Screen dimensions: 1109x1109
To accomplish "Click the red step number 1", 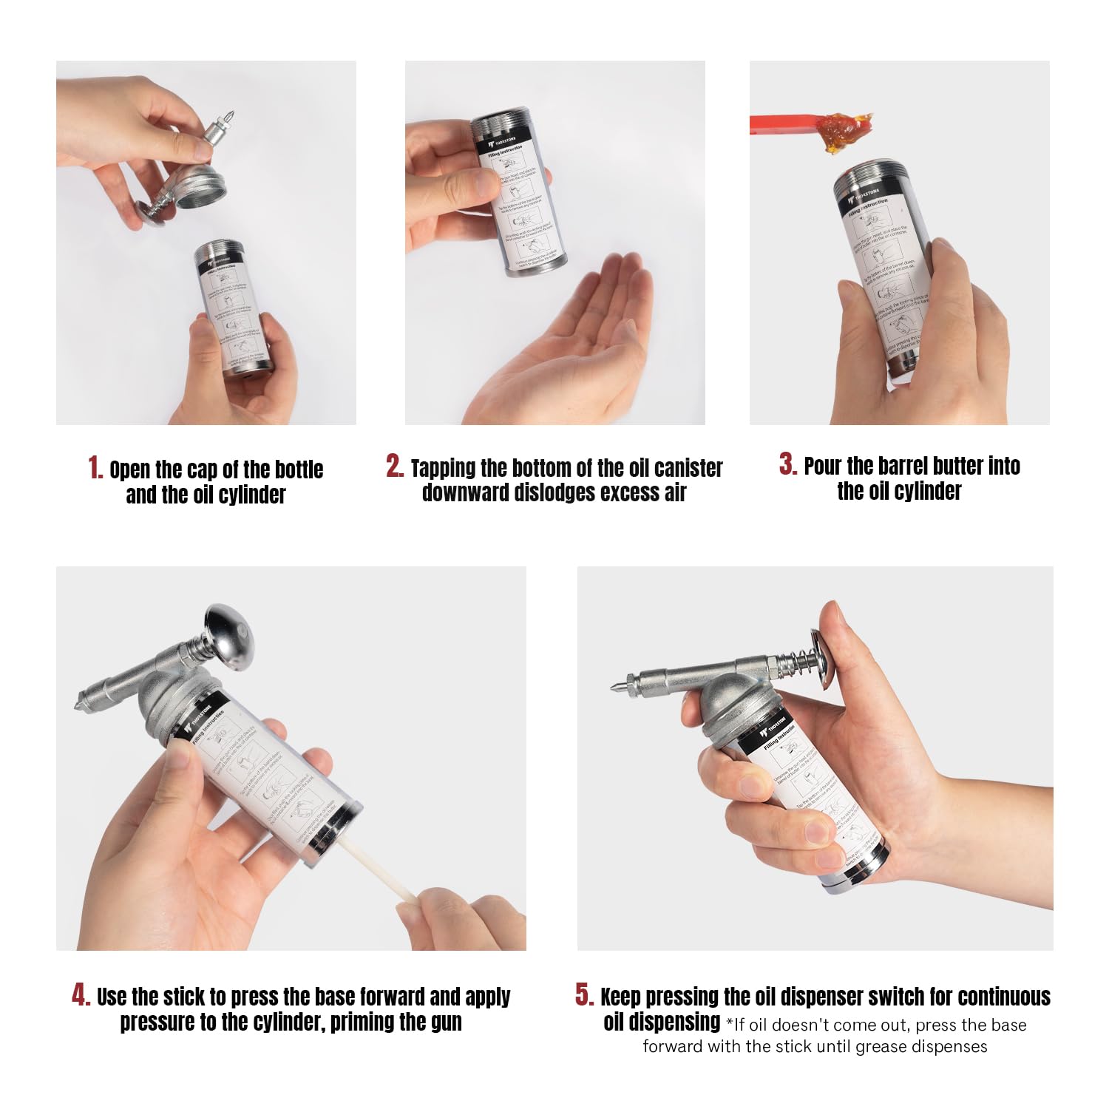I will coord(95,468).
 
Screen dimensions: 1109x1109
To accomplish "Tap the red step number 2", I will coord(395,466).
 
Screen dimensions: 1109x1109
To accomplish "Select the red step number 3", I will coord(787,464).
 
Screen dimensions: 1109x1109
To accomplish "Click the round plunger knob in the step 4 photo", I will coord(230,637).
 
